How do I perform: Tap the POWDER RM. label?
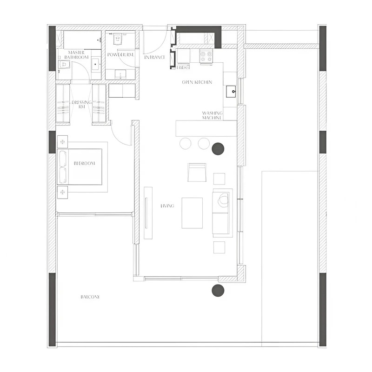tap(121, 55)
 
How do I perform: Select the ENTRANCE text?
tap(155, 57)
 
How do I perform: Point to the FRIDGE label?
tap(183, 68)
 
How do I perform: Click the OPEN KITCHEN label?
tap(197, 82)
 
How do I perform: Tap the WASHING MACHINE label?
tap(212, 115)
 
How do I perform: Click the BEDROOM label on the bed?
tap(84, 163)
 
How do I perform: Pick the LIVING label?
tap(167, 206)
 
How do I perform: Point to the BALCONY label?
tap(90, 297)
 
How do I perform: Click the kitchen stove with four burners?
tap(206, 56)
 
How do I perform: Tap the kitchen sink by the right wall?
tap(231, 92)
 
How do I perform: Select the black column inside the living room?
tap(218, 149)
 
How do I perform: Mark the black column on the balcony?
tap(218, 291)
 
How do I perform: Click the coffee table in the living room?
tap(192, 213)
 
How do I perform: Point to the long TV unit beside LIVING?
tap(148, 213)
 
